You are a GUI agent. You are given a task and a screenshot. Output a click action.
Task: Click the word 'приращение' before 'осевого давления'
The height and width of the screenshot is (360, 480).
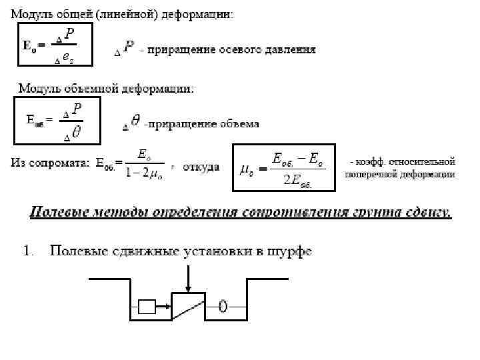coord(175,50)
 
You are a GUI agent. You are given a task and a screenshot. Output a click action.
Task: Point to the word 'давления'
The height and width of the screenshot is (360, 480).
coord(290,50)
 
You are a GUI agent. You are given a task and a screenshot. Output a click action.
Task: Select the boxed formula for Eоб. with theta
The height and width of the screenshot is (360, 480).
coord(57,121)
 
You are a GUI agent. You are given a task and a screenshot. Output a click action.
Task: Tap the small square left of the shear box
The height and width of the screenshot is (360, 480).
coord(147,307)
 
